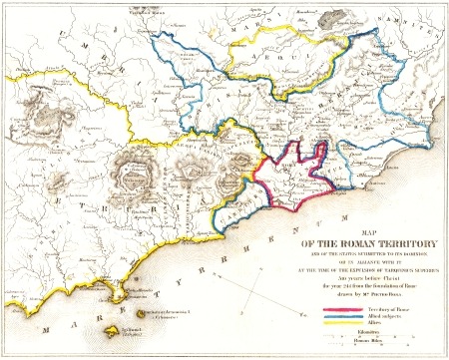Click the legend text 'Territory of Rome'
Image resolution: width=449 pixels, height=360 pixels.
click(x=381, y=310)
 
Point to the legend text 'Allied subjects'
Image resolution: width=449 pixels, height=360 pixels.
click(x=378, y=318)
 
